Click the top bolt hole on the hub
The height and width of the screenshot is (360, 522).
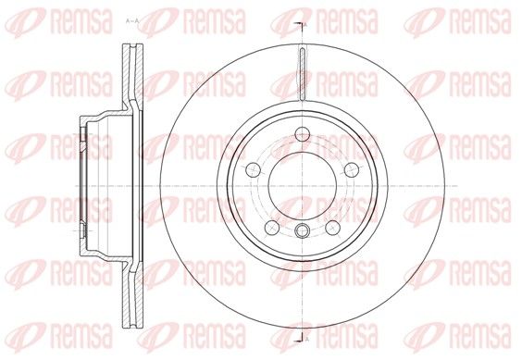(x=303, y=134)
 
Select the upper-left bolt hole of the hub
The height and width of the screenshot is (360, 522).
(x=253, y=170)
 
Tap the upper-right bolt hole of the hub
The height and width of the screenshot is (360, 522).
(x=352, y=170)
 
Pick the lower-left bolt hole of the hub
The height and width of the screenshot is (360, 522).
(x=272, y=228)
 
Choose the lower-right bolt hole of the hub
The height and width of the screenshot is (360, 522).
(x=333, y=228)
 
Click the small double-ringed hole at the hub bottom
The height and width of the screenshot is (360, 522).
(x=303, y=230)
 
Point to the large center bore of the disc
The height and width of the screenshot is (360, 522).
(x=303, y=185)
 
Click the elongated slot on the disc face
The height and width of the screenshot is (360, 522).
(x=302, y=74)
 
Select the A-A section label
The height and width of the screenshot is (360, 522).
(x=132, y=21)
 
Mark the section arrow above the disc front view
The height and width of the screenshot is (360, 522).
(x=299, y=25)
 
